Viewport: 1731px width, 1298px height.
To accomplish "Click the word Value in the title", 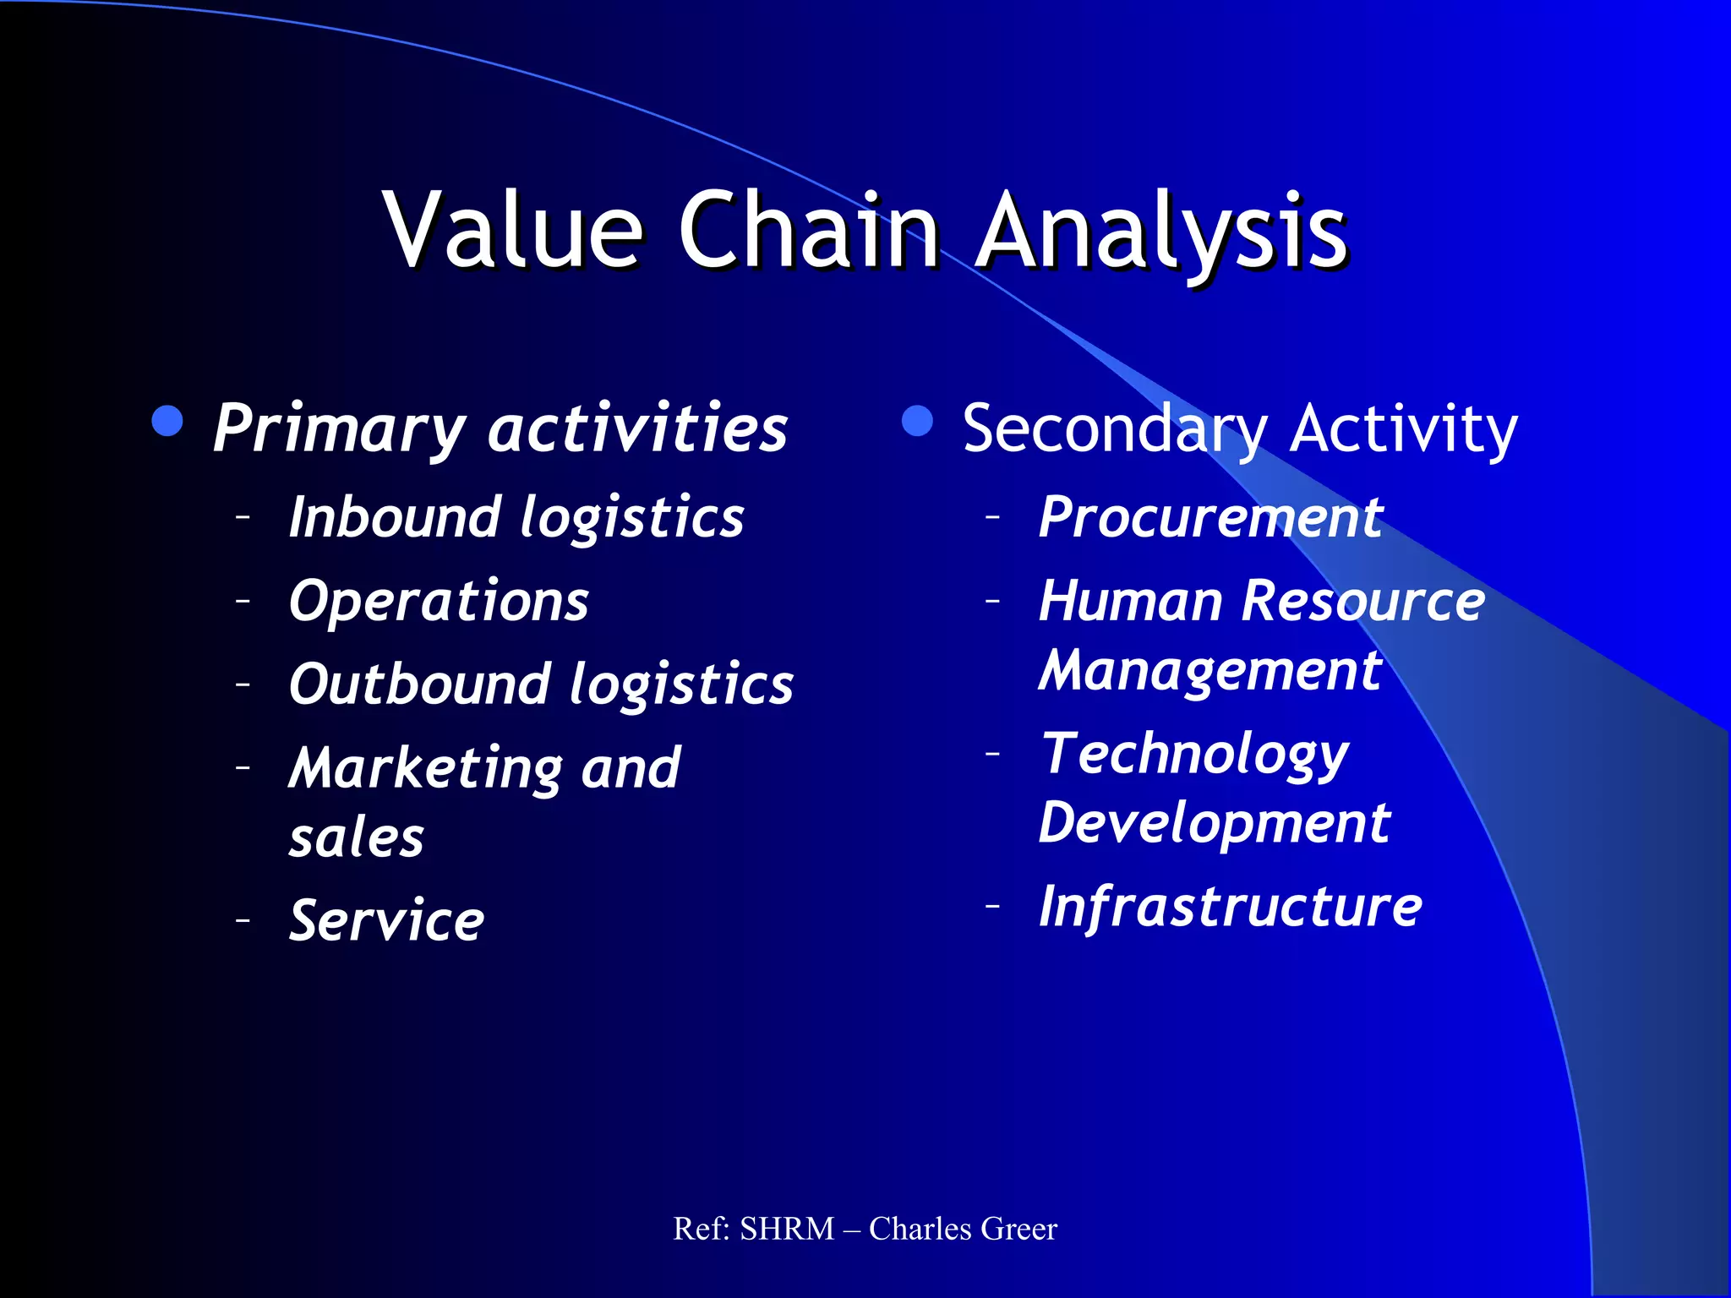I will click(513, 230).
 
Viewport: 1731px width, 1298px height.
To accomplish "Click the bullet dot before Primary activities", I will click(168, 421).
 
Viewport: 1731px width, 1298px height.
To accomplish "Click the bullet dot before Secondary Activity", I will click(917, 421).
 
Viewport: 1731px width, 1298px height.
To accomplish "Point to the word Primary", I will click(338, 429).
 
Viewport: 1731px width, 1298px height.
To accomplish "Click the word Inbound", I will click(394, 517).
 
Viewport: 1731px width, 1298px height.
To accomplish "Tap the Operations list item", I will click(439, 602).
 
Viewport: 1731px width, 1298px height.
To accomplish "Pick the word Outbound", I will click(419, 684).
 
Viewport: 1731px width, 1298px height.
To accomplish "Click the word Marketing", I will click(425, 769).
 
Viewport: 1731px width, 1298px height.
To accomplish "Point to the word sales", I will click(356, 838).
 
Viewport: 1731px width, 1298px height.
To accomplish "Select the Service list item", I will click(386, 920).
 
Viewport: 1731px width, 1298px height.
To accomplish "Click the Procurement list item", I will click(1210, 517).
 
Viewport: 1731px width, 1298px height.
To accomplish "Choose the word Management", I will click(1210, 671).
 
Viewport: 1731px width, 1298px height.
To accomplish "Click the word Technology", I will click(1194, 755).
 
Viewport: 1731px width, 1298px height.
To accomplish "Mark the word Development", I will click(1214, 823).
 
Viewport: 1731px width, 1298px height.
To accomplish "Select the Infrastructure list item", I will click(1230, 907).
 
